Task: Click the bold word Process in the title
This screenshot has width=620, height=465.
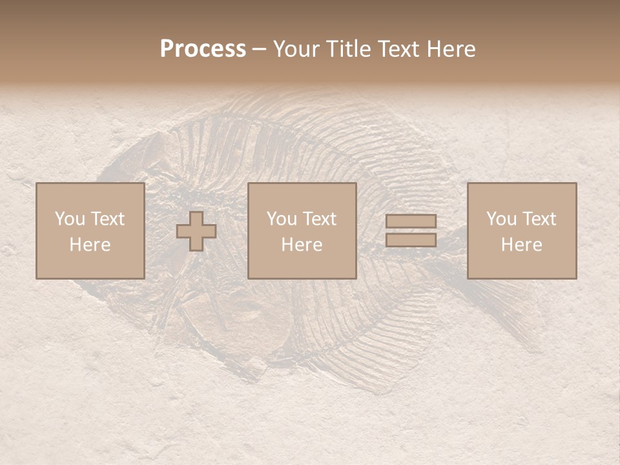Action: click(x=203, y=49)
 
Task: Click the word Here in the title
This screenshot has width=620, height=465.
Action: click(x=453, y=49)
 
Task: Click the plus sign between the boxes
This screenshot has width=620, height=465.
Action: click(x=196, y=231)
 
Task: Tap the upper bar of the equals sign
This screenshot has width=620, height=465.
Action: click(x=411, y=222)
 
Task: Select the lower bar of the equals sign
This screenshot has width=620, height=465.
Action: click(x=411, y=240)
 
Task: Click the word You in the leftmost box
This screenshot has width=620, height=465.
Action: click(x=70, y=219)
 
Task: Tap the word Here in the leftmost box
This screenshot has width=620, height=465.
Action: click(x=90, y=245)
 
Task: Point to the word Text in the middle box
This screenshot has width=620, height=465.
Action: click(x=319, y=219)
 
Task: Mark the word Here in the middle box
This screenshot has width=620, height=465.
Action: click(x=302, y=245)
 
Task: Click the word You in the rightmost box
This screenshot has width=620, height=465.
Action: click(x=501, y=219)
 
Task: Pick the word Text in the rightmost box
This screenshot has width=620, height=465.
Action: click(x=539, y=219)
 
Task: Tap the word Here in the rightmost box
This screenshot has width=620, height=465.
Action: click(x=522, y=245)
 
